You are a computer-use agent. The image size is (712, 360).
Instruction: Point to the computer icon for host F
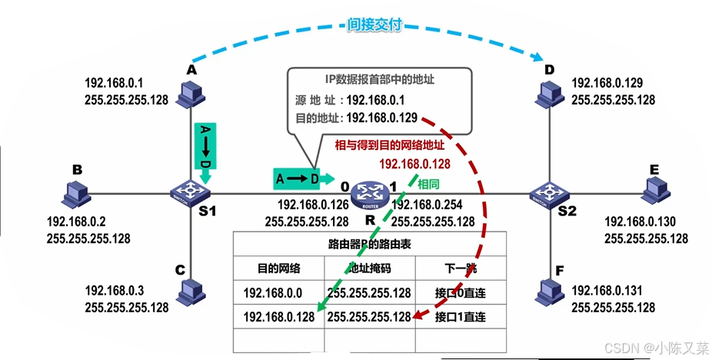549,290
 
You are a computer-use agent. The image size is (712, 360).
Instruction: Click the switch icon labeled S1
189,191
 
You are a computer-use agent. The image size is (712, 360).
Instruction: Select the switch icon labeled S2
548,192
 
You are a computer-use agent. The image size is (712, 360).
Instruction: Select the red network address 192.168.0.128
414,163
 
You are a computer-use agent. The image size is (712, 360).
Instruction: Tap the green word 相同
430,185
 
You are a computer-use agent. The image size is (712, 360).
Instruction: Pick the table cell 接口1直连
460,316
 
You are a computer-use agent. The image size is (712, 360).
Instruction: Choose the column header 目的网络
278,268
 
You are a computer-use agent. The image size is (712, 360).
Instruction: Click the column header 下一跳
460,268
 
